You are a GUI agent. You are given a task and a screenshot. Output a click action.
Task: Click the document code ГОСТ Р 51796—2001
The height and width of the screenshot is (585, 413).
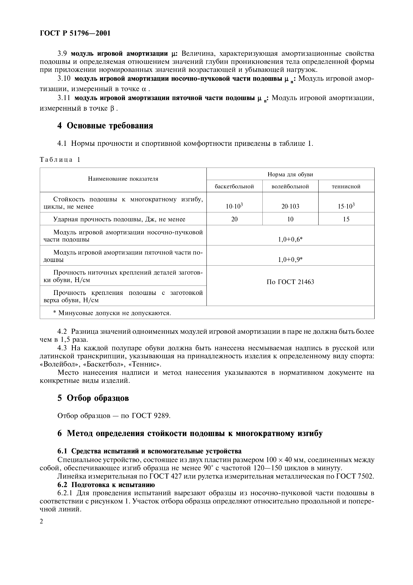click(x=75, y=33)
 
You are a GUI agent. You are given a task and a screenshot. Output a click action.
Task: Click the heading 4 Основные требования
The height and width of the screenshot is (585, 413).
click(x=105, y=126)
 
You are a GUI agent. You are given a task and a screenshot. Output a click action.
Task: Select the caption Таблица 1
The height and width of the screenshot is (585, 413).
click(x=60, y=160)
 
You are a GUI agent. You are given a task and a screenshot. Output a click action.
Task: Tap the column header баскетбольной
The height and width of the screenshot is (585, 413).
click(x=234, y=186)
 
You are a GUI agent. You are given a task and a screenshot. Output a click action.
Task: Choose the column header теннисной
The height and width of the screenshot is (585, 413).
click(x=346, y=186)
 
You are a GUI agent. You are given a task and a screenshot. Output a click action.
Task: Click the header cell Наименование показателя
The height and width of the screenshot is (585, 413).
click(x=123, y=179)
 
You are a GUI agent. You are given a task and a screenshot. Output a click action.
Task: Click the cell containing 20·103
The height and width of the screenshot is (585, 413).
click(x=290, y=206)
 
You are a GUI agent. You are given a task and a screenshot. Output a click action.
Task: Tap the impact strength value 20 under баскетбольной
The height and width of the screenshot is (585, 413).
click(x=234, y=219)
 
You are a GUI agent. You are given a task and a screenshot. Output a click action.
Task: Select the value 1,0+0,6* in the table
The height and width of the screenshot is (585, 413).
click(x=290, y=239)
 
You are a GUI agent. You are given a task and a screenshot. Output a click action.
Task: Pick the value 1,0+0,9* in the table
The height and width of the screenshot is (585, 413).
click(x=290, y=260)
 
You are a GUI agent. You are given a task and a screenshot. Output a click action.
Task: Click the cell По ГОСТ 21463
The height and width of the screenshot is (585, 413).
click(x=290, y=282)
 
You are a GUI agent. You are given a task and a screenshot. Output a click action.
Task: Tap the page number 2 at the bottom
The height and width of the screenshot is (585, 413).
click(x=42, y=522)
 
